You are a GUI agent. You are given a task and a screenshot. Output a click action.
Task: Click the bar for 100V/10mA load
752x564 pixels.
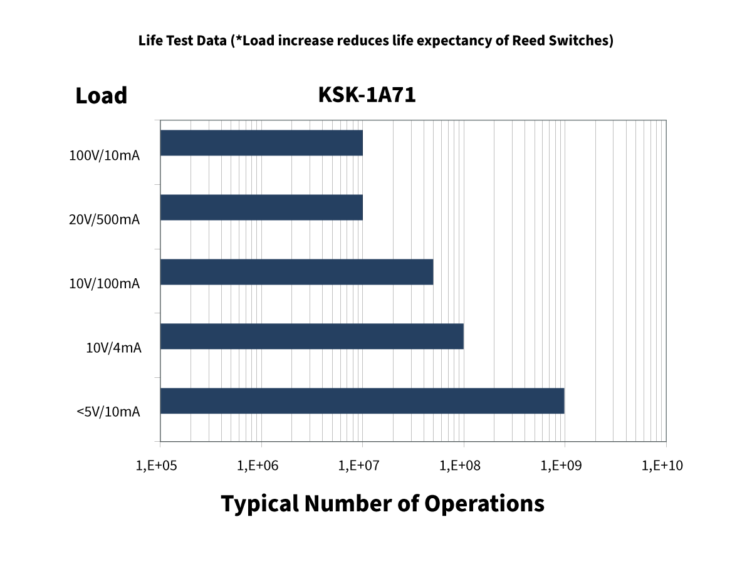[261, 143]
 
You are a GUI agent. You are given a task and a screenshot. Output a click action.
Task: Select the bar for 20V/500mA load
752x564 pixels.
[261, 207]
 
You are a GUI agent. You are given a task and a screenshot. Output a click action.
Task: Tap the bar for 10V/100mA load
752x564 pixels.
[296, 272]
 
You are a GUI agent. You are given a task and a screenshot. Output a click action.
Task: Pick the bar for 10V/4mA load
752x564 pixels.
[311, 337]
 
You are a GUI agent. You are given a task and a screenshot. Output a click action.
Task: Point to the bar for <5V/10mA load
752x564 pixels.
[362, 401]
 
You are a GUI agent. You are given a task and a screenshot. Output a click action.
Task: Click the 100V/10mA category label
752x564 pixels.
[104, 155]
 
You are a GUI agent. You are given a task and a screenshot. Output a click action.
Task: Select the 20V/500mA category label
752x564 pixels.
[104, 220]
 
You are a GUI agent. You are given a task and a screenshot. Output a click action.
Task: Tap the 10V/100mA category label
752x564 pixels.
[104, 284]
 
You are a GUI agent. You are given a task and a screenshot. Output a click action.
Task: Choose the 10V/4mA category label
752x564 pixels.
[113, 348]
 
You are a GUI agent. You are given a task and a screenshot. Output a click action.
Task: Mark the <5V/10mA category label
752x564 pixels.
[108, 412]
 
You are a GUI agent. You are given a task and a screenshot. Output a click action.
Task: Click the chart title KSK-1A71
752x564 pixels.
[367, 95]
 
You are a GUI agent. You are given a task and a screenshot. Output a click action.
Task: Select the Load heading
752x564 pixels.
[101, 96]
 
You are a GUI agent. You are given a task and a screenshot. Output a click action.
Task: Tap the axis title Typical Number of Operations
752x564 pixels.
[382, 504]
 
